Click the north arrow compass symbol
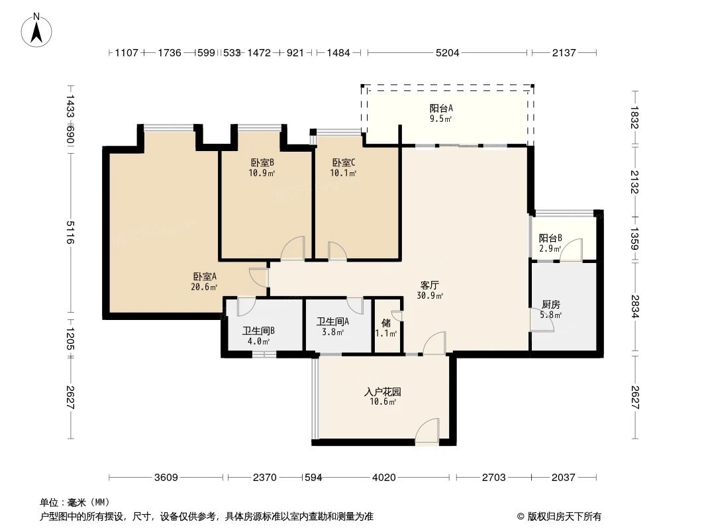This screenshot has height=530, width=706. (x=37, y=29)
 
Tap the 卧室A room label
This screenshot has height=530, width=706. (x=205, y=282)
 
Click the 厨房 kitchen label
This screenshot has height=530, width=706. (x=551, y=309)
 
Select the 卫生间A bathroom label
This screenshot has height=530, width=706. (x=332, y=327)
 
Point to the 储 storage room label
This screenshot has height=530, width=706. (x=386, y=328)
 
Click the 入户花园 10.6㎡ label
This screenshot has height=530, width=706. (x=383, y=396)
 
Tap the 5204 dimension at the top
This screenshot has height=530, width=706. (x=448, y=53)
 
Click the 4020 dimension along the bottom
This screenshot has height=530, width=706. (x=383, y=477)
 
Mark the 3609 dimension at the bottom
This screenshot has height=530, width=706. (x=167, y=477)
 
